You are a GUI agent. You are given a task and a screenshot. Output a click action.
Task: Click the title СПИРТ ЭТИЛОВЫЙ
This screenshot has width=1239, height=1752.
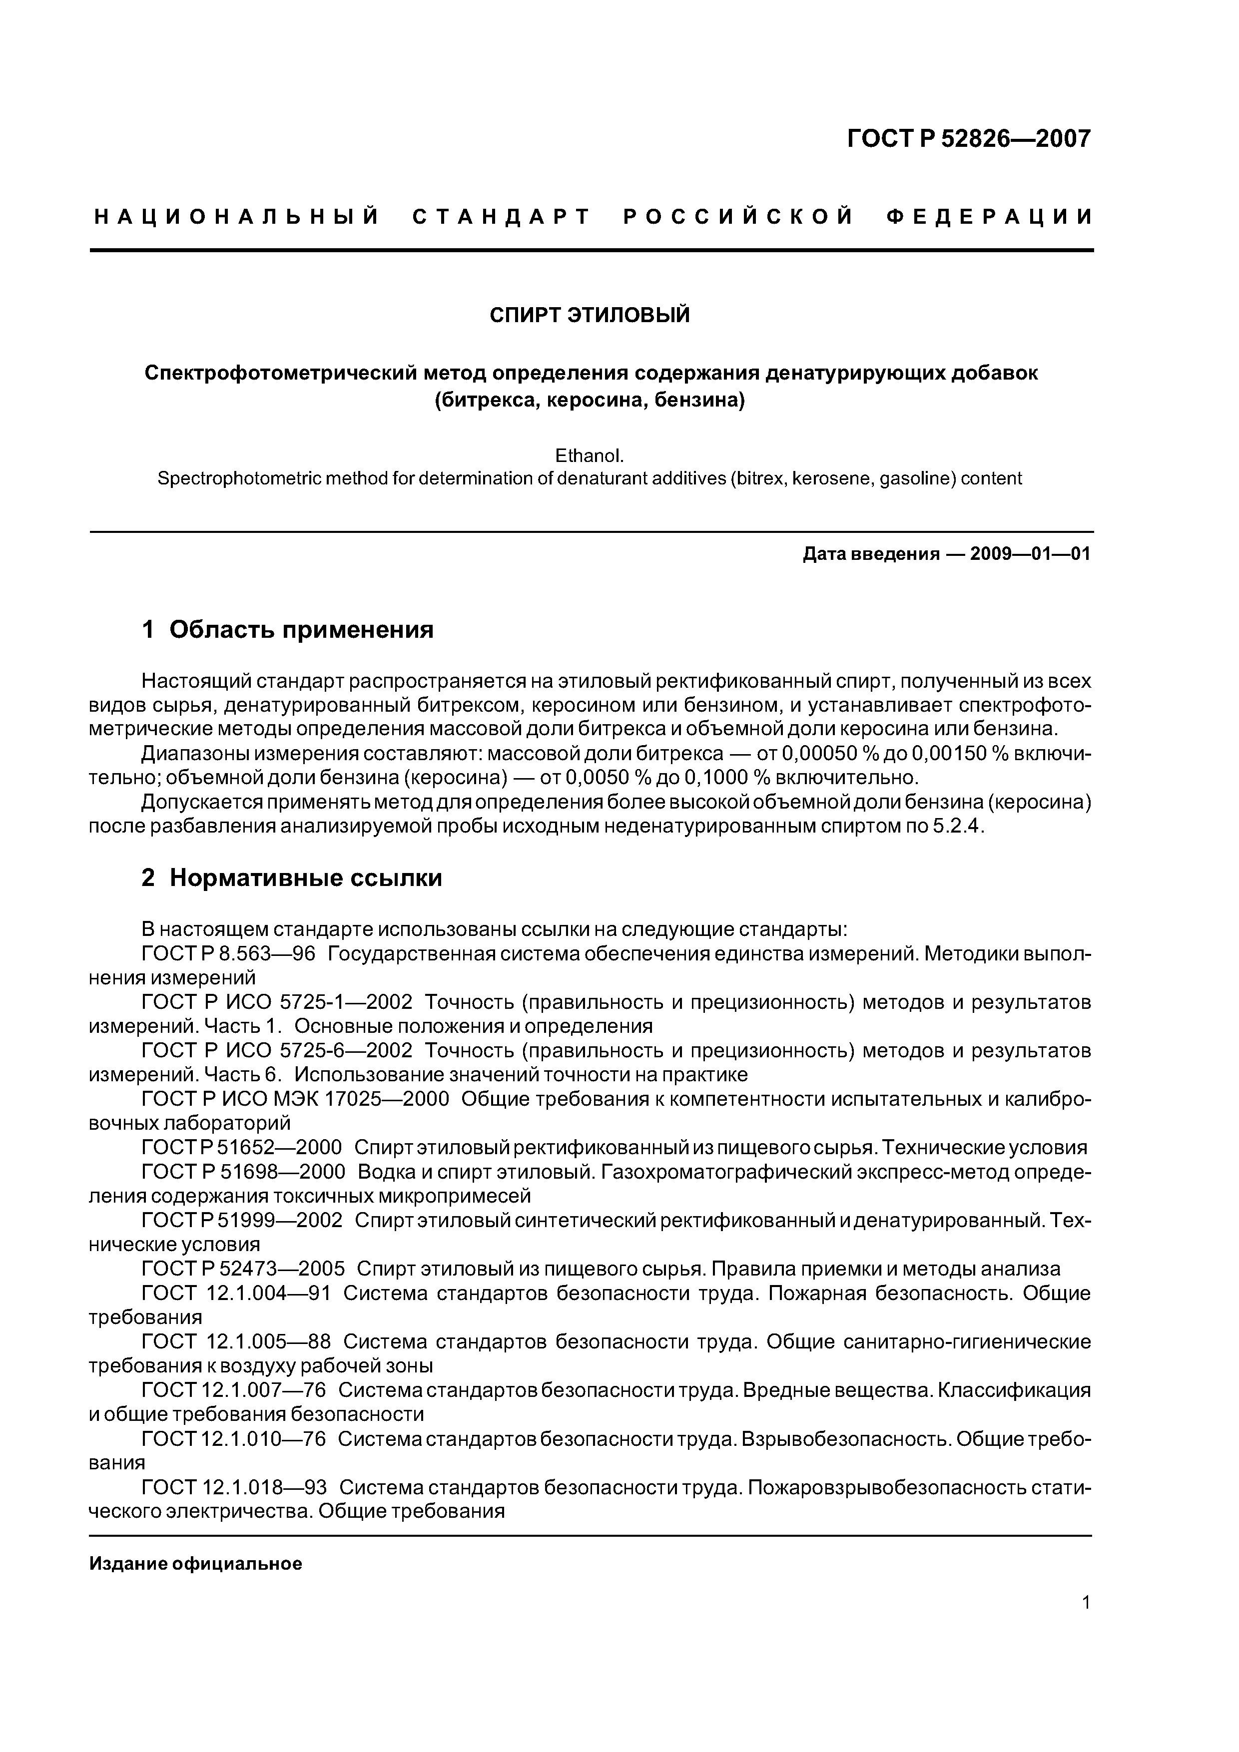tap(590, 314)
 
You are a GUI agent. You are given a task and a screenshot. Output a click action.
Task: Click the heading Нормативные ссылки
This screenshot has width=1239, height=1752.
tap(305, 878)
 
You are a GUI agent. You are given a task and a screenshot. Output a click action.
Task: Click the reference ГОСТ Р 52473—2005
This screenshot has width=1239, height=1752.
tap(243, 1269)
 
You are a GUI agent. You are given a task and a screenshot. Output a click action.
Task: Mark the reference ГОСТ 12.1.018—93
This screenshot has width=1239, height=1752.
tap(234, 1487)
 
